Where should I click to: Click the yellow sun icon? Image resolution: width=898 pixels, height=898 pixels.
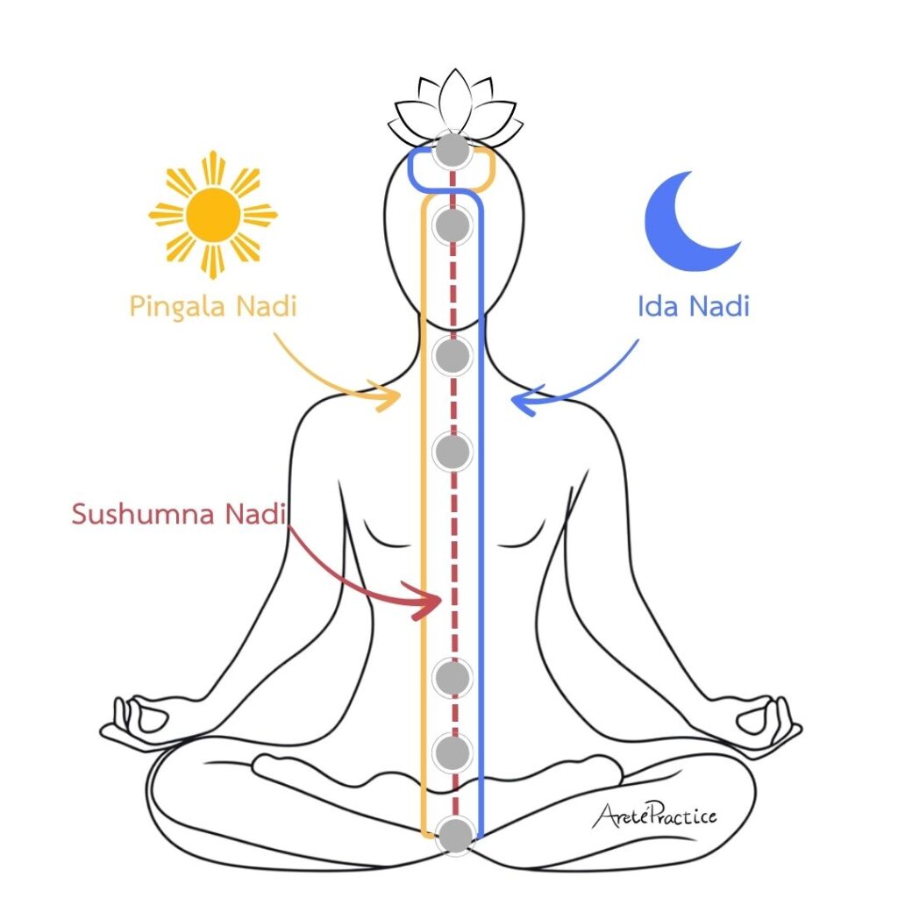click(x=213, y=215)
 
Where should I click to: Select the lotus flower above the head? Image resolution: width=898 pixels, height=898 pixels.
click(x=455, y=109)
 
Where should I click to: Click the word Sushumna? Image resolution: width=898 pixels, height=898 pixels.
click(x=143, y=514)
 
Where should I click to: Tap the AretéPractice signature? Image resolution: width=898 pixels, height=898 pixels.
click(x=654, y=815)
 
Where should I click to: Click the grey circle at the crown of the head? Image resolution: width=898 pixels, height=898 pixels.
click(x=453, y=151)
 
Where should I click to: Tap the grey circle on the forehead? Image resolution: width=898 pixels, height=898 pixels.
click(x=453, y=225)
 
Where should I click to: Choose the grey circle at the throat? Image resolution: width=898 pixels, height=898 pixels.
click(x=453, y=356)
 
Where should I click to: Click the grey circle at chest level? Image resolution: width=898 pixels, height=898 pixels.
click(x=453, y=452)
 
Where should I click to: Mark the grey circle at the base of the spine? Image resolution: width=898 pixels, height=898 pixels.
click(x=455, y=836)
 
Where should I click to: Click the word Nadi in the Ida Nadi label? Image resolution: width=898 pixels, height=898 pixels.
click(x=719, y=306)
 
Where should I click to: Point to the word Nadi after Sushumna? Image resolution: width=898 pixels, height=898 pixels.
click(x=255, y=514)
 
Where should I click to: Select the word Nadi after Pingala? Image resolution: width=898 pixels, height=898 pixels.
click(x=267, y=306)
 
